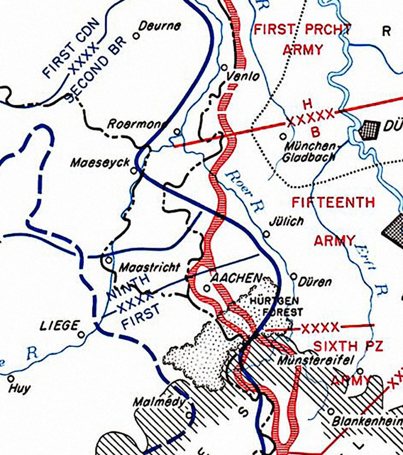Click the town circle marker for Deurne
pos(136,35)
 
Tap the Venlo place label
pos(244,76)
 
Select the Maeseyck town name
pos(100,163)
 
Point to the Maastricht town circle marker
pos(109,260)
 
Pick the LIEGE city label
pos(59,326)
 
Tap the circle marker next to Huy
pos(11,378)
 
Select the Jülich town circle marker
pos(266,234)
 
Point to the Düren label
pos(315,282)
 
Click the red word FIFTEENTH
pos(333,203)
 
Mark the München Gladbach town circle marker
pos(283,136)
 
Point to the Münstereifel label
pos(315,360)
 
